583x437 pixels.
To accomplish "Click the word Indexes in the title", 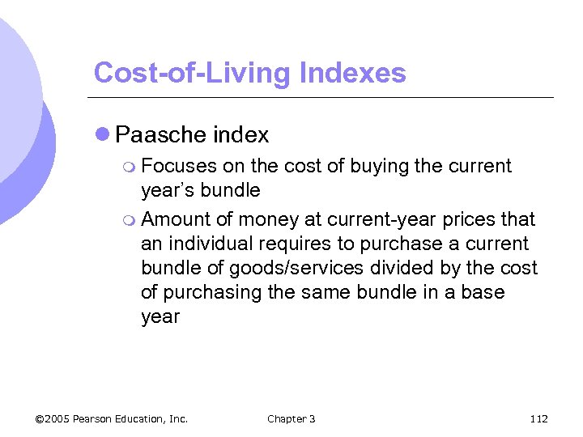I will [x=352, y=73].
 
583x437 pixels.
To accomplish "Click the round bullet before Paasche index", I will [x=103, y=134].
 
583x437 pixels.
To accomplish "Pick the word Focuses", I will [x=178, y=167].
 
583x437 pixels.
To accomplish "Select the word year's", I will [x=164, y=191].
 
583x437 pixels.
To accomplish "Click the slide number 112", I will [x=538, y=418].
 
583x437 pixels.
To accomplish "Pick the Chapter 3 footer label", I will [x=291, y=418].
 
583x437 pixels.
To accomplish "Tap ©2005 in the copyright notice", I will [x=53, y=418].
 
